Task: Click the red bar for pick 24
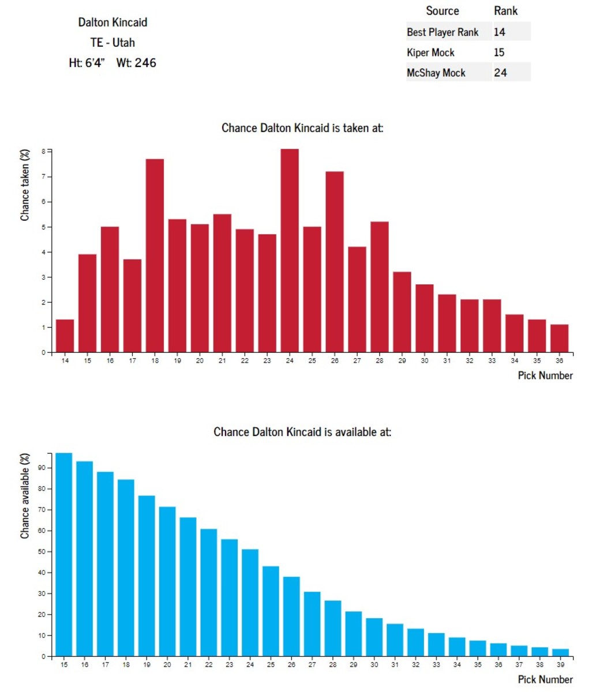click(x=290, y=251)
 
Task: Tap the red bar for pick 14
click(x=65, y=336)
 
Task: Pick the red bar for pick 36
click(x=559, y=339)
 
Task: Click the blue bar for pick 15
click(x=64, y=555)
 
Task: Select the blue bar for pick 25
click(x=271, y=611)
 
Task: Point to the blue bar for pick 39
click(x=560, y=653)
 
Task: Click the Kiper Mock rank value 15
click(x=499, y=52)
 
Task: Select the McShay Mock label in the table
click(x=436, y=73)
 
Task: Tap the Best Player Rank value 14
click(x=499, y=32)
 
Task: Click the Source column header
click(x=443, y=11)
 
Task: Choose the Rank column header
click(x=506, y=11)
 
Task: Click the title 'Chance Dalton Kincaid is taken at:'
click(x=302, y=127)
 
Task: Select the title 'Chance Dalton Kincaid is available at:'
click(x=302, y=431)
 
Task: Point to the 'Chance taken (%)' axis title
click(x=25, y=185)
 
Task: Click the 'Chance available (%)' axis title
click(x=25, y=496)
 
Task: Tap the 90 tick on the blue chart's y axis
click(x=42, y=468)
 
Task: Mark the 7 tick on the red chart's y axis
click(x=43, y=176)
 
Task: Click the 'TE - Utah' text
click(x=113, y=43)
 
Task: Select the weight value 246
click(x=145, y=63)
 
